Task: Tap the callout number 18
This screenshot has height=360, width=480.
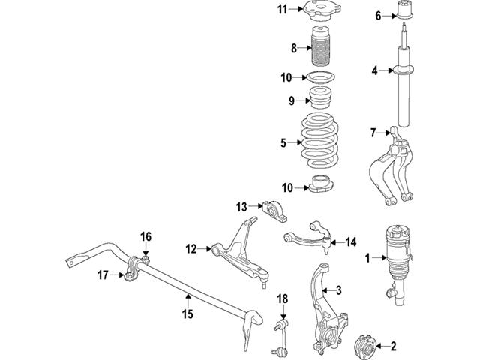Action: click(282, 299)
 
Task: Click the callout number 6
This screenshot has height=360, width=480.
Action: click(378, 14)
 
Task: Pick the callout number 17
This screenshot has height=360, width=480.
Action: click(103, 274)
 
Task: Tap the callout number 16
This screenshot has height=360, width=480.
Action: click(146, 236)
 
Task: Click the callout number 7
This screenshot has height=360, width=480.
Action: click(372, 133)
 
